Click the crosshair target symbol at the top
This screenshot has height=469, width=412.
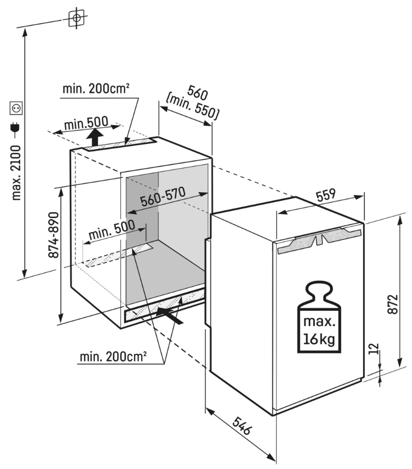click(x=77, y=18)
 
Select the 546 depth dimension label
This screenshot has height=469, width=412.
click(x=242, y=428)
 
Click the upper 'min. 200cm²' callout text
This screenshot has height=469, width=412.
click(x=96, y=88)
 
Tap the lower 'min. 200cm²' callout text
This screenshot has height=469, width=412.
click(x=113, y=358)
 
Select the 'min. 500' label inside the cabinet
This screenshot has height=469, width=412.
click(x=111, y=231)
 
